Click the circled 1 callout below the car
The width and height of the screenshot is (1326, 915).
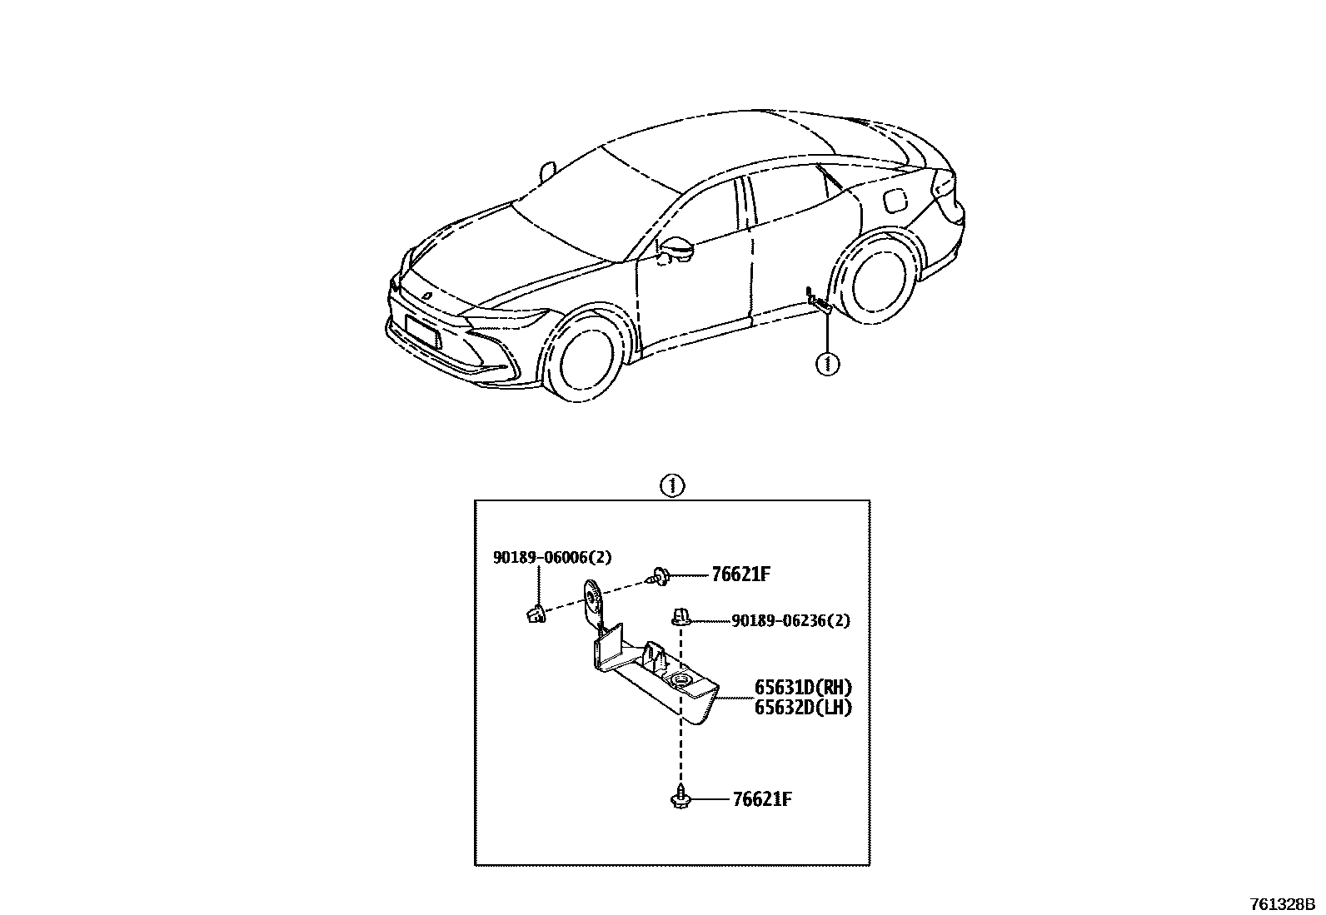tap(827, 364)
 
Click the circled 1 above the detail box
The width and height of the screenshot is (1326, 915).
tap(671, 485)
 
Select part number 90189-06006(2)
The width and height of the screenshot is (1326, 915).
tap(551, 558)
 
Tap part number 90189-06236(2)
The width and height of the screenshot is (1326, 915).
tap(790, 621)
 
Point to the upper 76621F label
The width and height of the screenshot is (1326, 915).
tap(740, 574)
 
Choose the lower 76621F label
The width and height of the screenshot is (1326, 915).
tap(761, 800)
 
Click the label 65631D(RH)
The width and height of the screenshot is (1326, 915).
tap(804, 688)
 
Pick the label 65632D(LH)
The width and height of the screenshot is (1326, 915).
tap(804, 708)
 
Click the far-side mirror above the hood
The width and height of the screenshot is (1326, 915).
tap(547, 171)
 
